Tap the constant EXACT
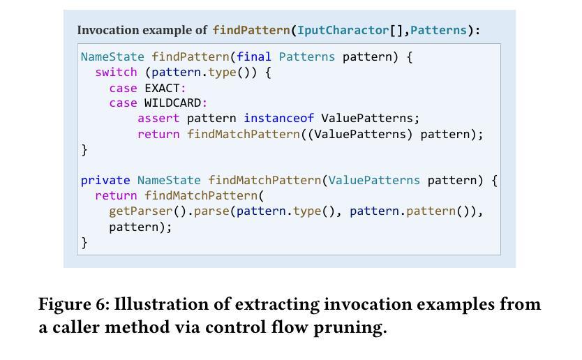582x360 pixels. tap(162, 88)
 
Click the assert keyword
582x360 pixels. tap(158, 119)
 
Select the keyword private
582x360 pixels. tap(105, 180)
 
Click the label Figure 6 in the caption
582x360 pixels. tap(73, 305)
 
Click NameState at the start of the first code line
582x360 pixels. tap(112, 57)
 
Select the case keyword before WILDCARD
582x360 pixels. tap(123, 103)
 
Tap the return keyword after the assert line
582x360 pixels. tap(158, 134)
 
